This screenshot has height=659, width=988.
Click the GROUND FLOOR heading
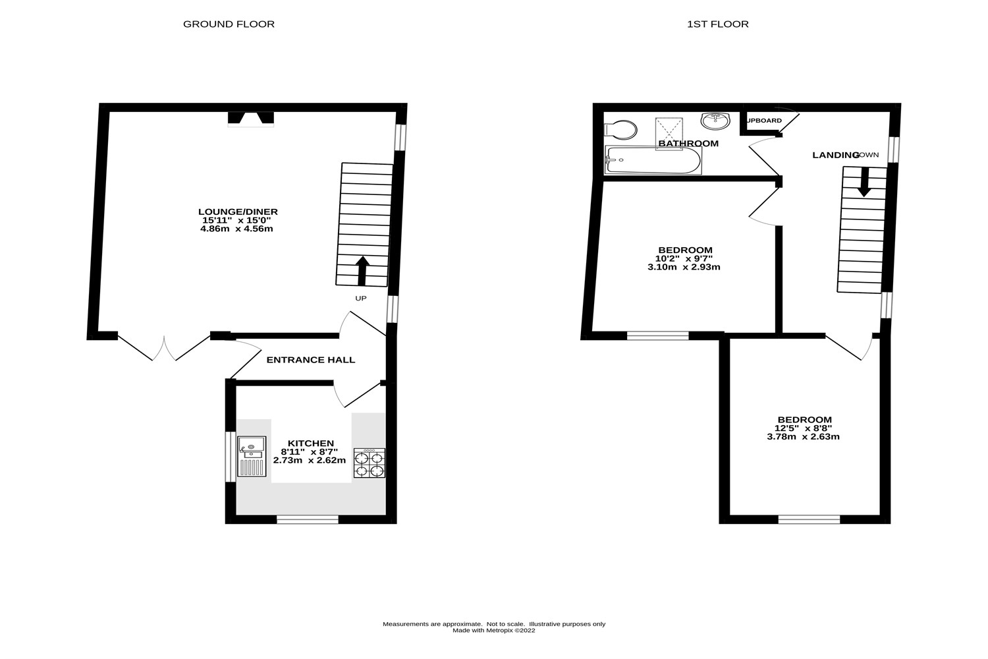[x=229, y=24]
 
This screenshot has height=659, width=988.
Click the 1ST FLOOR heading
[x=717, y=24]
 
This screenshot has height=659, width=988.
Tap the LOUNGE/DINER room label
[x=238, y=212]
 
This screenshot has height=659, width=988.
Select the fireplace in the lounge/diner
[x=250, y=119]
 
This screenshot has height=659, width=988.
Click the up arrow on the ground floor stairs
[x=362, y=271]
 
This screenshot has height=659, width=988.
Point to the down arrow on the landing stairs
[x=864, y=183]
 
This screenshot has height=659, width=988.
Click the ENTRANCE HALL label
[x=310, y=360]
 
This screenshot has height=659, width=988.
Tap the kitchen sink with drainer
[x=252, y=456]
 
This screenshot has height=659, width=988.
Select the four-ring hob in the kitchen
[x=369, y=463]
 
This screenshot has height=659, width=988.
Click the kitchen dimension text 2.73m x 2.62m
[x=309, y=460]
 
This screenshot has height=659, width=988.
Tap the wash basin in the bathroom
[x=716, y=121]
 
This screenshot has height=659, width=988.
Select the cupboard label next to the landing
[x=764, y=121]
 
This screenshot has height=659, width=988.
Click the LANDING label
[x=835, y=155]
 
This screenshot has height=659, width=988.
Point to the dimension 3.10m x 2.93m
[x=684, y=267]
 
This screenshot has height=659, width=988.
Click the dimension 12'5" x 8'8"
[x=804, y=428]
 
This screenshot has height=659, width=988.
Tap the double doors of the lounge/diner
[x=164, y=348]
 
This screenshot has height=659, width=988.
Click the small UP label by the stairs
[x=360, y=299]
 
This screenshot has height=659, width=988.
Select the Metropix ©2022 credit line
[x=493, y=631]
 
